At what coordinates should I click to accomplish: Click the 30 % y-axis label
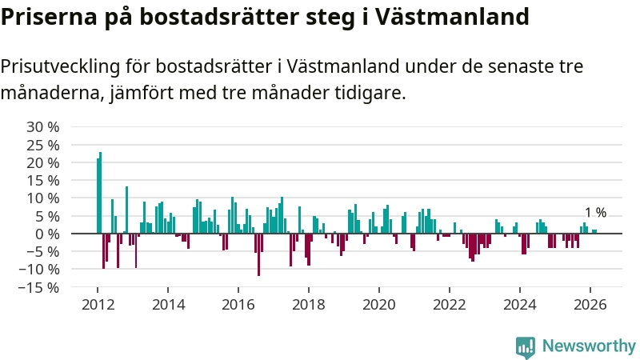point(43,127)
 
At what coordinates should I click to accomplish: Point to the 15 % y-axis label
point(43,180)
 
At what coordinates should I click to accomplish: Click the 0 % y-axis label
point(47,234)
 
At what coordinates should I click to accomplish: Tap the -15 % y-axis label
point(41,287)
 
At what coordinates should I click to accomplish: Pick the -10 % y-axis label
point(41,269)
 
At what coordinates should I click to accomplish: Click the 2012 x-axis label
point(98,304)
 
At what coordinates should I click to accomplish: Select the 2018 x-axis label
point(309,304)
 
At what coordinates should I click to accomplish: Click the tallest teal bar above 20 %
point(101,192)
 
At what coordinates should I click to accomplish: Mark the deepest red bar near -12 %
point(258,254)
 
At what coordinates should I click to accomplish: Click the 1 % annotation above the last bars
point(595,213)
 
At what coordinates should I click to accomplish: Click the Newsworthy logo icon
point(526,346)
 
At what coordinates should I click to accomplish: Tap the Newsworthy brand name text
point(589,346)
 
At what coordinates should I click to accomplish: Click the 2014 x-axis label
point(168,304)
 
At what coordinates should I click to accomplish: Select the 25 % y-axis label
point(43,145)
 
